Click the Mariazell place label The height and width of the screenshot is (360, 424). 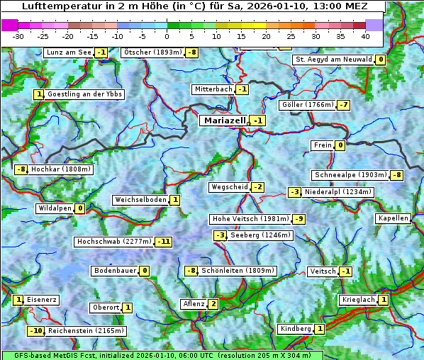(224, 120)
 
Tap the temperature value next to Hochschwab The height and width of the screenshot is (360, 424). (164, 242)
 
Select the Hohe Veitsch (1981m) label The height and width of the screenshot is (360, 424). (250, 219)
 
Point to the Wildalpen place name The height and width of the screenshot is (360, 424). (55, 208)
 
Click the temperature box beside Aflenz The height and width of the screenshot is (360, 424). (213, 304)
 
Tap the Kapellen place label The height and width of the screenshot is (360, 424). (394, 218)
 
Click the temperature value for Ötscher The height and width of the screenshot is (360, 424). (192, 52)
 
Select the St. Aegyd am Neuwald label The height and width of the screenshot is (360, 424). (333, 60)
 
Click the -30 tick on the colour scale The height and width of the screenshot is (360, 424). (19, 35)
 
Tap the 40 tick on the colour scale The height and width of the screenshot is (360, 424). (365, 35)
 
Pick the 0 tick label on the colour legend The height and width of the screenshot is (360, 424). (167, 35)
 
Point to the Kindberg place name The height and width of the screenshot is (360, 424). (295, 329)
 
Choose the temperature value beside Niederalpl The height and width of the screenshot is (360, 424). (295, 192)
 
